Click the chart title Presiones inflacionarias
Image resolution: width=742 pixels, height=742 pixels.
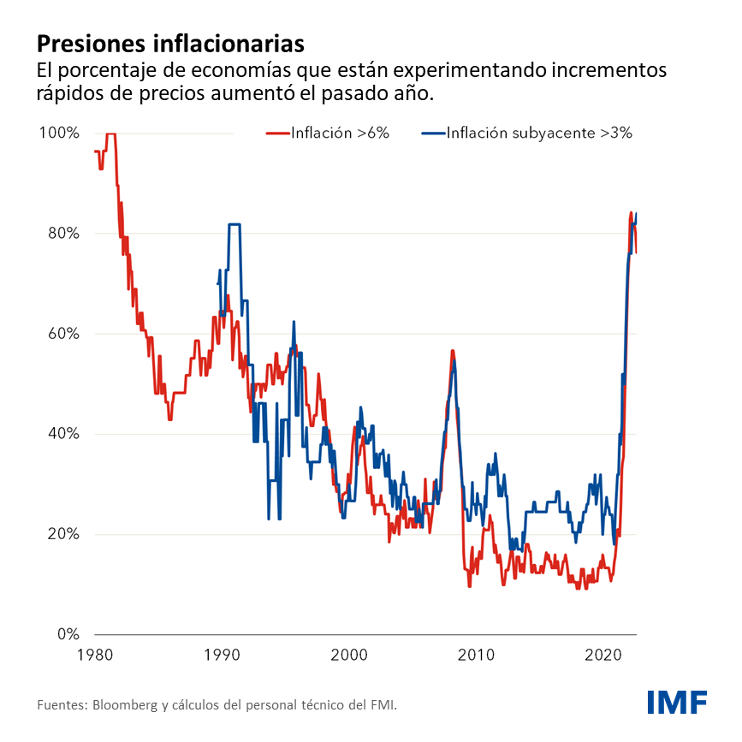coord(169,43)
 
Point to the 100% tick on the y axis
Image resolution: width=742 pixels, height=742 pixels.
coord(59,134)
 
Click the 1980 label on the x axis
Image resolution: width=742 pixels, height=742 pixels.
coord(94,656)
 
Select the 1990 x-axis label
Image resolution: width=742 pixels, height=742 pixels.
coord(222,656)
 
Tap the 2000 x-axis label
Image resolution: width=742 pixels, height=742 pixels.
coord(349,656)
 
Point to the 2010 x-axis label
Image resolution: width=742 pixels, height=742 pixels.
coord(477,656)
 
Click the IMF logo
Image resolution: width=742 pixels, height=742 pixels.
coord(676,702)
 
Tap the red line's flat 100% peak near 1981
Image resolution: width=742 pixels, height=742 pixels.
coord(110,134)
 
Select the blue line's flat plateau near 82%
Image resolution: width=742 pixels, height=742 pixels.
coord(234,224)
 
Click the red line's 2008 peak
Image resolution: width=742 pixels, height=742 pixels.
coord(452,351)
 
